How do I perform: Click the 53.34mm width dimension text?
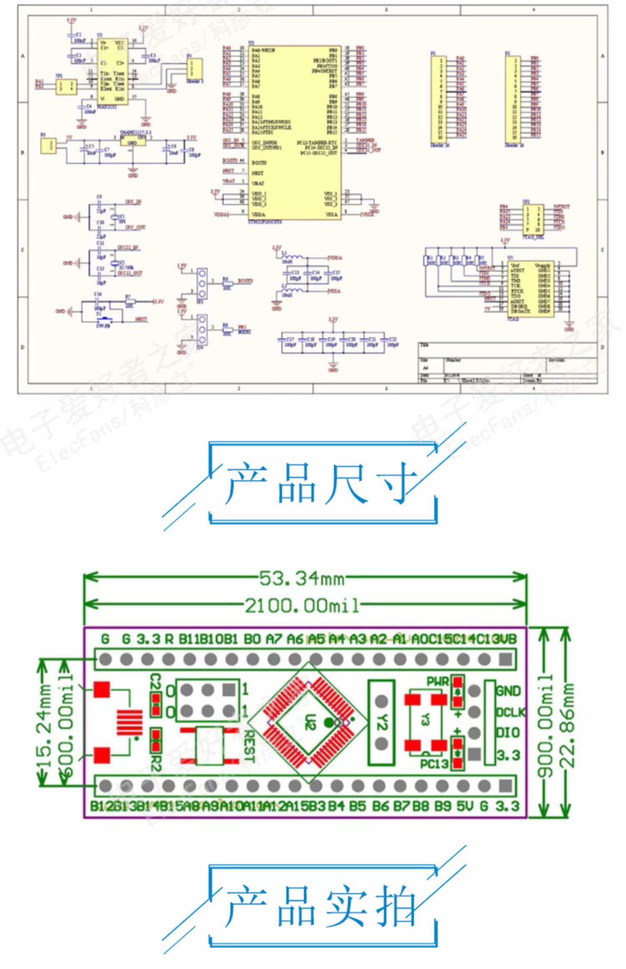[x=302, y=579]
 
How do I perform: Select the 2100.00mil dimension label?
[x=302, y=606]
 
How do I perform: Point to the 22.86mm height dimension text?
[x=566, y=725]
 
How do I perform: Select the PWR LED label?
[x=437, y=681]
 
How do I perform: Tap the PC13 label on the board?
[x=434, y=764]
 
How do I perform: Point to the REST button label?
[x=249, y=746]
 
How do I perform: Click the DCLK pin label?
[x=510, y=712]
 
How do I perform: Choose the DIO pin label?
[x=507, y=733]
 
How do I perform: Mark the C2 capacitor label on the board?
[x=155, y=681]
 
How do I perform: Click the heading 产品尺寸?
[x=321, y=483]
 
